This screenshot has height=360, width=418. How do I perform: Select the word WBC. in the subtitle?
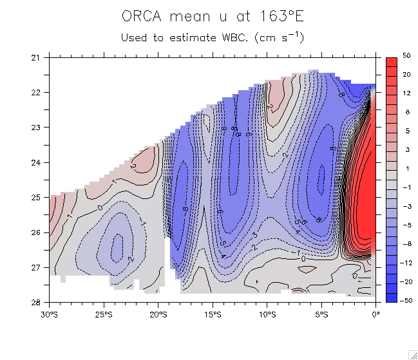pos(235,37)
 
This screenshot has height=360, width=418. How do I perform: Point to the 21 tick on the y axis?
pos(35,58)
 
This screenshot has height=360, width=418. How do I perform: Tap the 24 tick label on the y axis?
pos(35,162)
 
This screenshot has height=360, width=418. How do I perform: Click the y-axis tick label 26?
pos(35,232)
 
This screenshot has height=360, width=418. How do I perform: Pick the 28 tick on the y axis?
pos(35,302)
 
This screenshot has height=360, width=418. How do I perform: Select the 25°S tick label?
pos(104,315)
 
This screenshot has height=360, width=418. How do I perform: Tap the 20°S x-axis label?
pos(158,315)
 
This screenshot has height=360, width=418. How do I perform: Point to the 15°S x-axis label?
pos(213,315)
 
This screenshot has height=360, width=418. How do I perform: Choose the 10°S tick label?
pos(267,315)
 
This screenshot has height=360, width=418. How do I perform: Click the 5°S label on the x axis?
pos(321,315)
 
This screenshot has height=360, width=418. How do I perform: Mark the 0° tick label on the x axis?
pos(375,315)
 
